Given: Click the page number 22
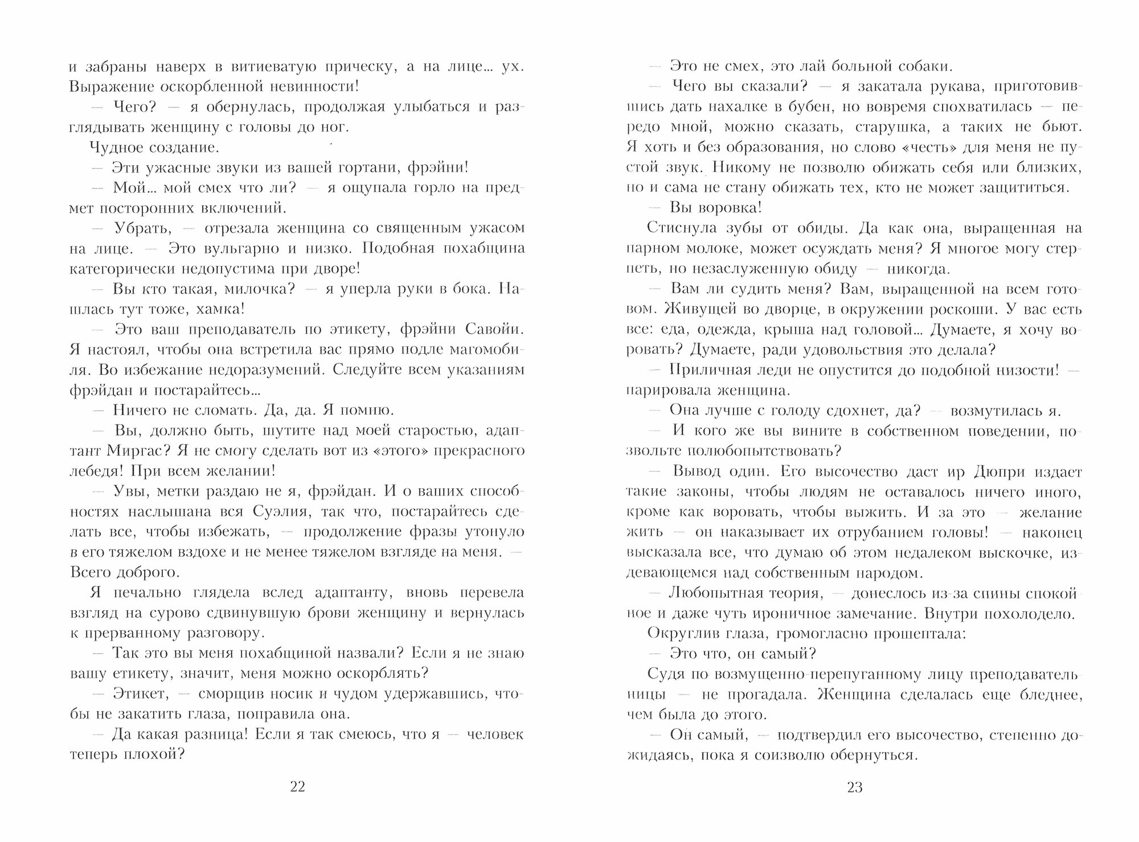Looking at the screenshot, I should coord(298,787).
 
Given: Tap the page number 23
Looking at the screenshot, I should coord(855,787).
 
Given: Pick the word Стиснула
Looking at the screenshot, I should coord(677,228).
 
